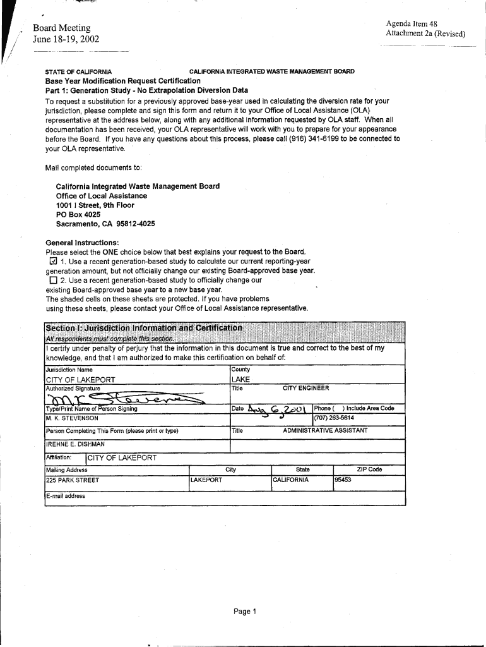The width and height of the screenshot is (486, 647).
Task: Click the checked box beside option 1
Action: (x=53, y=262)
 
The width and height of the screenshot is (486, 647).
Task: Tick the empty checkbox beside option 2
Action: (x=53, y=280)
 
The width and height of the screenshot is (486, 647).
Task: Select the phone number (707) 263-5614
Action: (x=334, y=418)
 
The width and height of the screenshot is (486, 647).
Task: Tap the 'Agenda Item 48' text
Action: (x=412, y=24)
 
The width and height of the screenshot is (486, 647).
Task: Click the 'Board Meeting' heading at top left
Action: (x=62, y=28)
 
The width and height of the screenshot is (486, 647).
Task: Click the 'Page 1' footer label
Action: (x=243, y=612)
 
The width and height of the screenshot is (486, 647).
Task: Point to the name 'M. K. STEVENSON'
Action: (x=72, y=418)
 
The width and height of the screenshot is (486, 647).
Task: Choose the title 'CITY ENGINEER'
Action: (x=306, y=389)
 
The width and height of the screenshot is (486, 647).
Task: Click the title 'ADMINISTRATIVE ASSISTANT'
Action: (x=325, y=431)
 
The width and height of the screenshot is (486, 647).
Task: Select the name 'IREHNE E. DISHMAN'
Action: (x=75, y=444)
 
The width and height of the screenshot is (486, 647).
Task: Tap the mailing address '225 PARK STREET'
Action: (x=73, y=480)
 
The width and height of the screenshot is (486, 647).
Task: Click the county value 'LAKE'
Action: (x=241, y=379)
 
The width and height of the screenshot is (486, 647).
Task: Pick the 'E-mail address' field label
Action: (x=66, y=496)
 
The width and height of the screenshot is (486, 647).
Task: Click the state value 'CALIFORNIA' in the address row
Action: (x=291, y=480)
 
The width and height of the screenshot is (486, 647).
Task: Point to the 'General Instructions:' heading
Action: (x=82, y=243)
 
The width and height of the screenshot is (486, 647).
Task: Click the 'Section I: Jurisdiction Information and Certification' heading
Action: (x=144, y=328)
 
